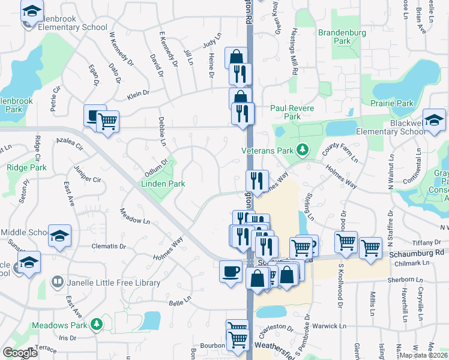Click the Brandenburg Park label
pos(334,37)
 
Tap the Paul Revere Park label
pos(285,112)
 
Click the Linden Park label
pos(163,183)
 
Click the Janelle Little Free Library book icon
pos(57,282)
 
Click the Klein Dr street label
pos(137,95)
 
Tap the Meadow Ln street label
pos(134,217)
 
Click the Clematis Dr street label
pos(109,246)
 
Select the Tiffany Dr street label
pos(428,242)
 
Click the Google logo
pos(20,353)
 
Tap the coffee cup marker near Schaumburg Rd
pos(231,272)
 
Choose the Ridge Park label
pos(26,168)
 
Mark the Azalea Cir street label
pos(68,143)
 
